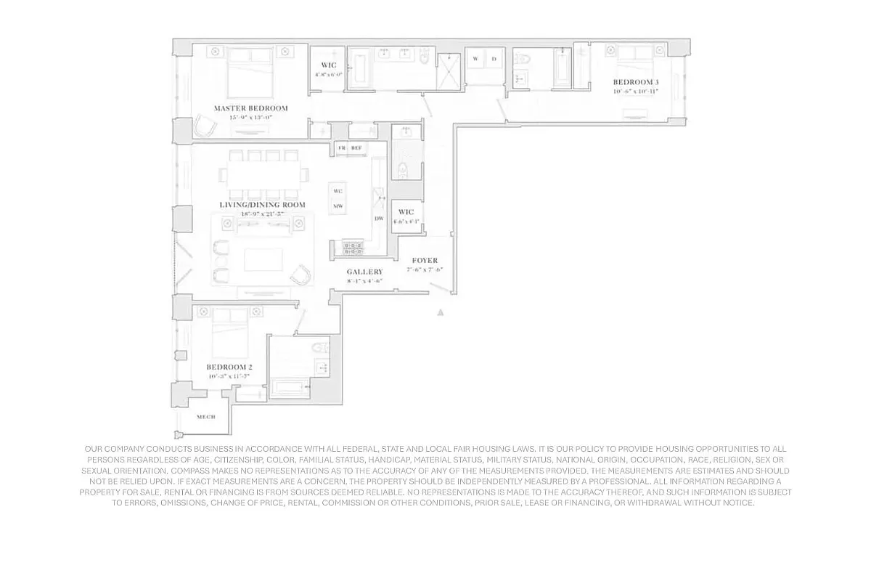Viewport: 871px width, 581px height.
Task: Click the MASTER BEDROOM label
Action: click(x=250, y=108)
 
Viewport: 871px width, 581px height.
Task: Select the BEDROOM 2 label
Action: click(x=228, y=367)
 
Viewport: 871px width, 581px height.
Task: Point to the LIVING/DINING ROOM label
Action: click(x=262, y=205)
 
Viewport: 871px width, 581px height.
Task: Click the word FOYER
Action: click(x=425, y=260)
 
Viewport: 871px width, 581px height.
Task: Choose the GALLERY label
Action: click(x=364, y=272)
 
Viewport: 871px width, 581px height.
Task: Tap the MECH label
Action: click(x=206, y=417)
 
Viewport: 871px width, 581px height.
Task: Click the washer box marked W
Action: click(x=475, y=59)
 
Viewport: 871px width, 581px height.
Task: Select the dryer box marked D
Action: click(x=494, y=59)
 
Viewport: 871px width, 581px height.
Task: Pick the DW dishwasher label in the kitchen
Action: click(x=378, y=219)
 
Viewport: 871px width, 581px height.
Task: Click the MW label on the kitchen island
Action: click(x=338, y=206)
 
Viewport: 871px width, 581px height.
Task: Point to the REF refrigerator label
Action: click(x=356, y=148)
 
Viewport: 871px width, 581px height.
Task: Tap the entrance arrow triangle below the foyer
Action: click(x=439, y=312)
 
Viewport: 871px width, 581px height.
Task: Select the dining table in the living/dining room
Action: click(x=264, y=174)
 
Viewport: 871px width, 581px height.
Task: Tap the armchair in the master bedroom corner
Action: click(x=205, y=127)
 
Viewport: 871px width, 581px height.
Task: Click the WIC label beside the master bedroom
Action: click(x=328, y=65)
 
